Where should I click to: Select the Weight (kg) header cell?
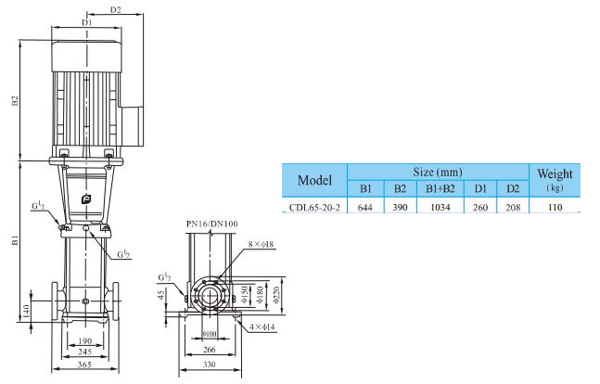pos(555,179)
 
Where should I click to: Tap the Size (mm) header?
pos(437,173)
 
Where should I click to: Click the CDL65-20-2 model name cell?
pos(313,208)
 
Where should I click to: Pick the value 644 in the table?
pos(365,208)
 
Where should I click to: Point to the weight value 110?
pos(555,208)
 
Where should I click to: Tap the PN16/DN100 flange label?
pos(211,224)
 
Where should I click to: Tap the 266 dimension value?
pos(211,349)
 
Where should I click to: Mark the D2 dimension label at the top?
pos(117,10)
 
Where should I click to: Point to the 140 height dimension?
pos(27,309)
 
